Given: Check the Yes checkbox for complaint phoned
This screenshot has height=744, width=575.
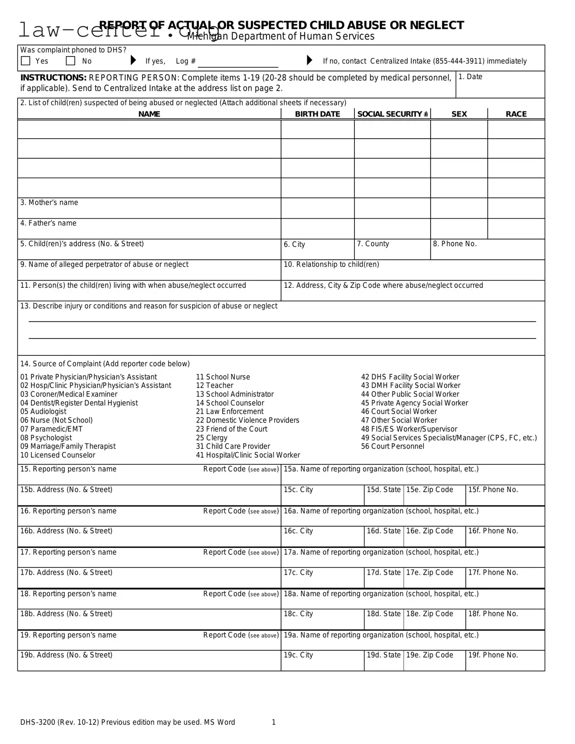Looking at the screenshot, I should click(x=26, y=61).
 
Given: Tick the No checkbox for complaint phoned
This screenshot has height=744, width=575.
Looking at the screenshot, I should click(x=71, y=61).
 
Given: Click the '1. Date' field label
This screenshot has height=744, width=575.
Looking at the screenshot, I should click(x=470, y=77).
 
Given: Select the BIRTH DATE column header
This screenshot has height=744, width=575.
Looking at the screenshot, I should click(x=317, y=114).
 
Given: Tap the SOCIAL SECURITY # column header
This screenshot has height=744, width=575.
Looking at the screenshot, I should click(x=392, y=114).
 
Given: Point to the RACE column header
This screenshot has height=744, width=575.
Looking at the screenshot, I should click(x=516, y=114).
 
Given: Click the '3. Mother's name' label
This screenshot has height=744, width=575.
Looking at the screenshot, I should click(x=49, y=203).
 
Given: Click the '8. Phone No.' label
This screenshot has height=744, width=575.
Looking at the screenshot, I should click(x=454, y=244).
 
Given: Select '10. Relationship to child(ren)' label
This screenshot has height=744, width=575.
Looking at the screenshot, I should click(x=331, y=265).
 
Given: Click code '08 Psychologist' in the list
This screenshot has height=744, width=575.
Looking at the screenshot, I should click(x=46, y=438).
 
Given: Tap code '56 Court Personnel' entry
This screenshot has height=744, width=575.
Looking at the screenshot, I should click(x=393, y=447).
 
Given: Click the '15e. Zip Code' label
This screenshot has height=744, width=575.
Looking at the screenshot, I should click(x=429, y=490).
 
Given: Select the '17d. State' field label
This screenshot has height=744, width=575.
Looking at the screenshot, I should click(x=383, y=573).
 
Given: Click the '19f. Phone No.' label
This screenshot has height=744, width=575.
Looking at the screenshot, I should click(x=492, y=655).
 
